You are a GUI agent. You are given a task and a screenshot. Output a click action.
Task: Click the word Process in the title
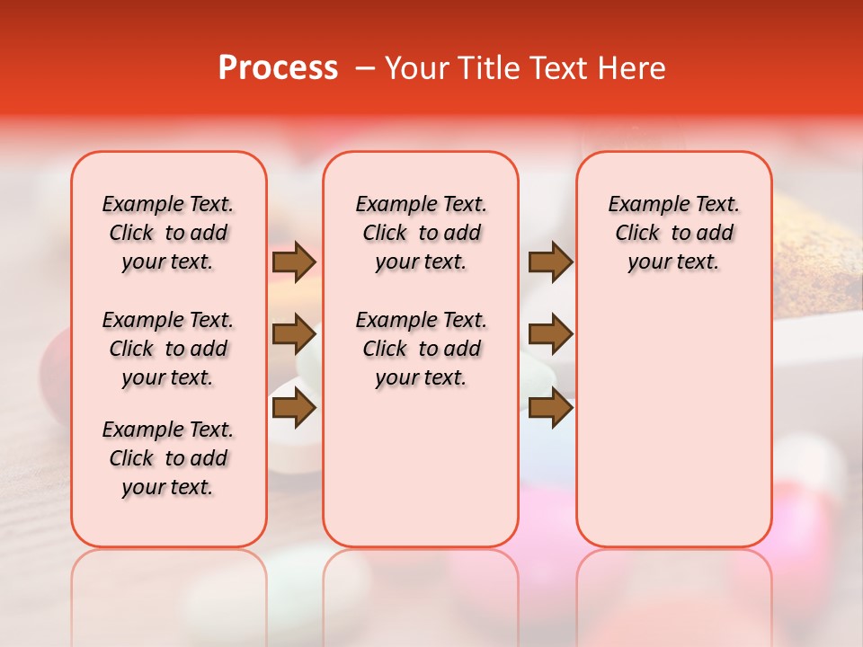(278, 68)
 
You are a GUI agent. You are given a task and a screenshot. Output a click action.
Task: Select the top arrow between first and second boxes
(294, 262)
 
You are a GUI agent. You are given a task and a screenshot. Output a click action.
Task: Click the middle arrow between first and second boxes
(294, 335)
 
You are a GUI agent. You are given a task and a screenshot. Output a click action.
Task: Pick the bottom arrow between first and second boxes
(294, 408)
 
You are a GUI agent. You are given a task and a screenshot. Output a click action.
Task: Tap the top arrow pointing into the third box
(550, 262)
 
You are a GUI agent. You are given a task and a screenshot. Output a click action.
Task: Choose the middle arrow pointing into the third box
(550, 335)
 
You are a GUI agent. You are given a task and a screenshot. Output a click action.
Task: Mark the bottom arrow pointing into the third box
(550, 408)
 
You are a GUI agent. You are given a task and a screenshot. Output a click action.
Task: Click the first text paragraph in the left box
(168, 233)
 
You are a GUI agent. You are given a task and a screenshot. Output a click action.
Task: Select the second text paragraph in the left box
(168, 349)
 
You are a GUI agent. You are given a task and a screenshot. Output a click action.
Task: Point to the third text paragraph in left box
(168, 458)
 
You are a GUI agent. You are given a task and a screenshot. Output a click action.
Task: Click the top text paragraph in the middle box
(421, 233)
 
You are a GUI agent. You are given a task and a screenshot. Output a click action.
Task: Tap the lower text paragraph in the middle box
(421, 349)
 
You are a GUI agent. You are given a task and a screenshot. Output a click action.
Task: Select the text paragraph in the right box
(673, 233)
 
